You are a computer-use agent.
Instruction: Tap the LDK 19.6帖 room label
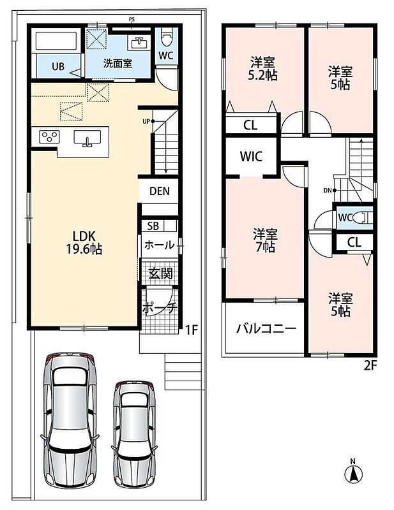click(84, 242)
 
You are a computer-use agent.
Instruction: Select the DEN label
click(160, 191)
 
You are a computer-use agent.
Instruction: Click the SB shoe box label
click(153, 226)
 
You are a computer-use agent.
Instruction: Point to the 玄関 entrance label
click(160, 273)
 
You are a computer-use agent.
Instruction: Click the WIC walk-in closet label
click(251, 156)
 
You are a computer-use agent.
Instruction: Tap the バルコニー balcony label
click(266, 328)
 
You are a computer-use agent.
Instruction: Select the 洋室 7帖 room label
click(265, 240)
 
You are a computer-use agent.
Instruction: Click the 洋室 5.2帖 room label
click(262, 69)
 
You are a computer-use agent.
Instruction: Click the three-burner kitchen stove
click(49, 136)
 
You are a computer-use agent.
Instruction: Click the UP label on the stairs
click(146, 121)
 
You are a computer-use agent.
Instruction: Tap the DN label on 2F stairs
click(328, 191)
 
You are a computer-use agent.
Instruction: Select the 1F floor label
click(192, 330)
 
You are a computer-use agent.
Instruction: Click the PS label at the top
click(132, 20)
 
